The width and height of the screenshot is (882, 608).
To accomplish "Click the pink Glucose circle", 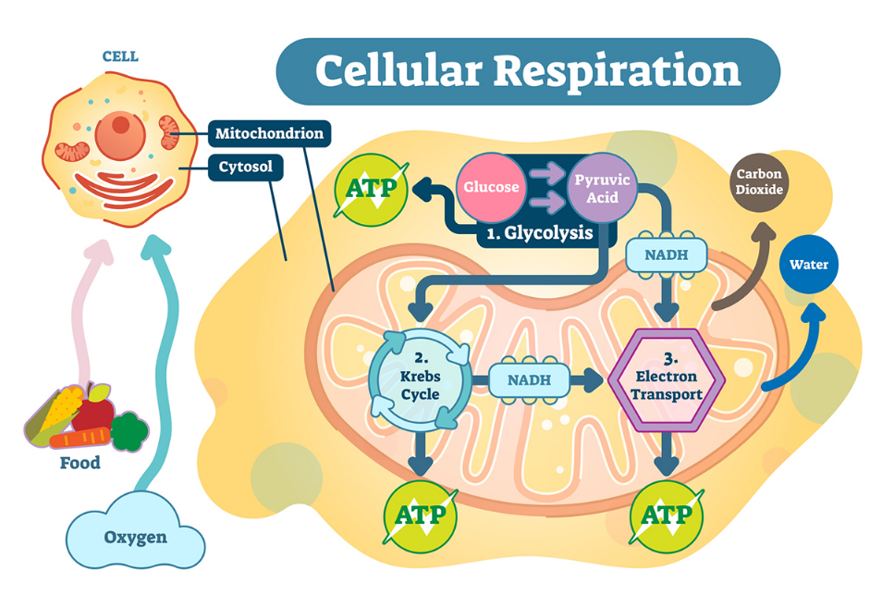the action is pyautogui.click(x=491, y=187).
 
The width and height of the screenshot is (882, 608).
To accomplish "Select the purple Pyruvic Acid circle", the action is pyautogui.click(x=602, y=188).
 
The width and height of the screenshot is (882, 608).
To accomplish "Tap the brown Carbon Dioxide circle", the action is pyautogui.click(x=759, y=182).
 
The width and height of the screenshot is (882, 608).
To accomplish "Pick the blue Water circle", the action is pyautogui.click(x=808, y=264).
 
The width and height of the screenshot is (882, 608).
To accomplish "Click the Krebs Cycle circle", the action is pyautogui.click(x=420, y=380).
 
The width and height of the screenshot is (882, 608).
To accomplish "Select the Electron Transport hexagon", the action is pyautogui.click(x=667, y=380).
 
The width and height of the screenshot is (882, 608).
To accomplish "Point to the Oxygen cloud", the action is pyautogui.click(x=136, y=530).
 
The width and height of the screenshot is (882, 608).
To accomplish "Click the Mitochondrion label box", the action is pyautogui.click(x=269, y=133).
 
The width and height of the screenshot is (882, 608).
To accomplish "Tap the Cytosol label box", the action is pyautogui.click(x=246, y=168).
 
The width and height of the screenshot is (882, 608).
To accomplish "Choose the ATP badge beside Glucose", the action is pyautogui.click(x=372, y=189).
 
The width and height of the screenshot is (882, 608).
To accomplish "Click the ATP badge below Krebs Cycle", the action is pyautogui.click(x=420, y=516).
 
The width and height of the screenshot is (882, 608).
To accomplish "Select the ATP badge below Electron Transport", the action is pyautogui.click(x=667, y=516).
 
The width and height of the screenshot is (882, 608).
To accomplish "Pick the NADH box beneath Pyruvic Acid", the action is pyautogui.click(x=667, y=255).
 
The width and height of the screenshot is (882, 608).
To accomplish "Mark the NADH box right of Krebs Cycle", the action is pyautogui.click(x=530, y=380).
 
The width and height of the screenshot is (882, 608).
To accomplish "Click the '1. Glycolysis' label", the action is pyautogui.click(x=540, y=233).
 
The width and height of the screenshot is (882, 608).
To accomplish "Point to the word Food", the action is pyautogui.click(x=80, y=463).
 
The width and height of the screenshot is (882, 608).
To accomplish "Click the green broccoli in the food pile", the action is pyautogui.click(x=129, y=431).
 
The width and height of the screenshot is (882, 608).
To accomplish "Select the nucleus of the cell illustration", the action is pyautogui.click(x=120, y=135).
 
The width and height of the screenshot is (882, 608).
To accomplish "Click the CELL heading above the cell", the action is pyautogui.click(x=120, y=56).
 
